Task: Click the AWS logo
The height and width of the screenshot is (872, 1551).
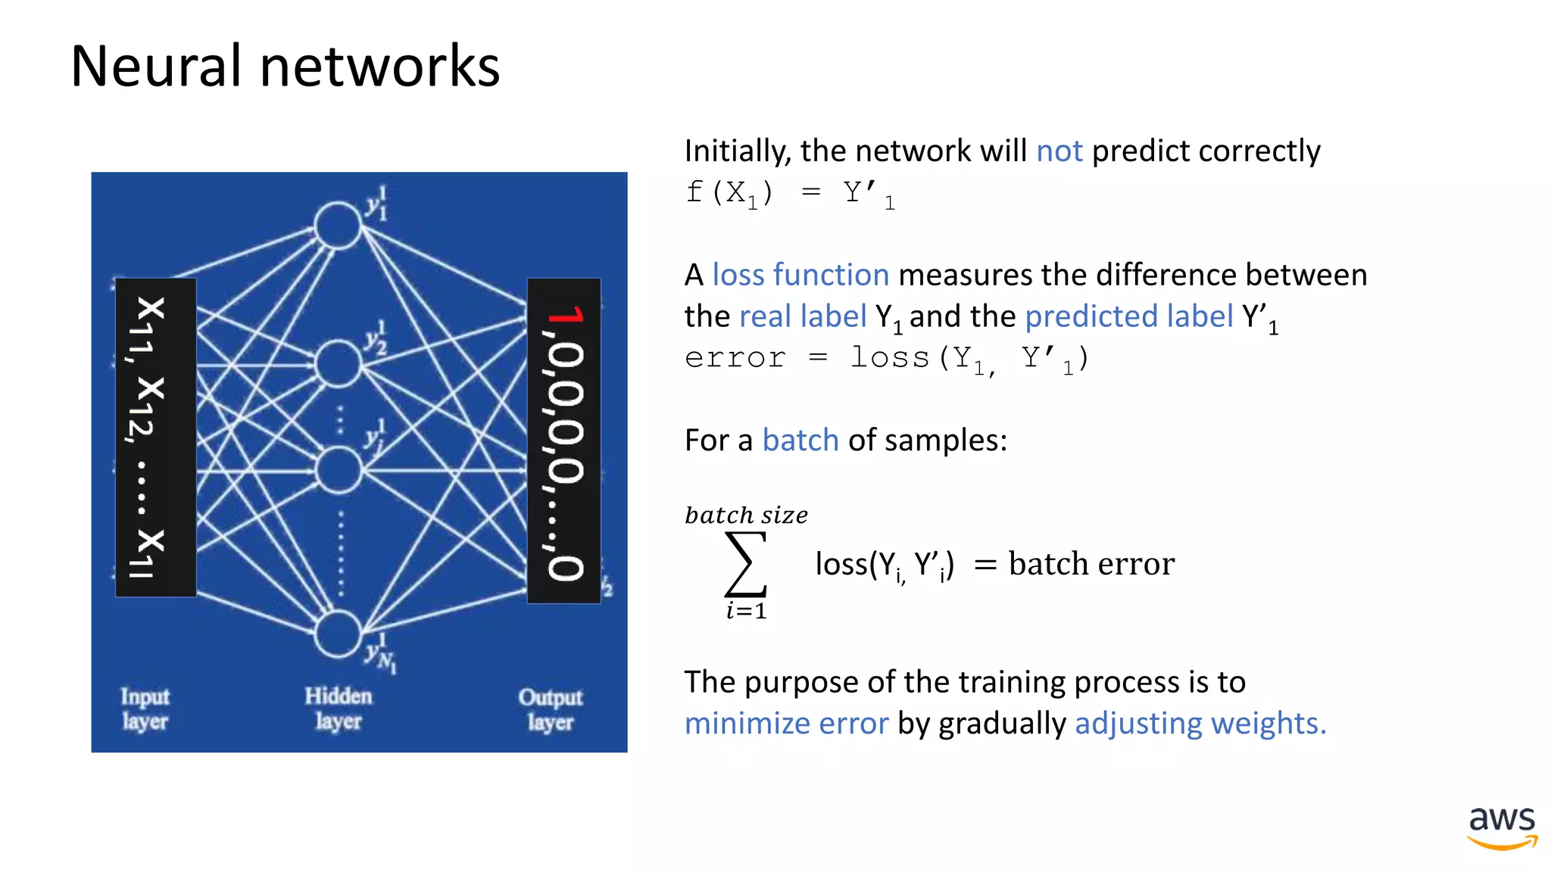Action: pyautogui.click(x=1502, y=827)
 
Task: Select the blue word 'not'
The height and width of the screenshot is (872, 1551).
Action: pyautogui.click(x=1059, y=151)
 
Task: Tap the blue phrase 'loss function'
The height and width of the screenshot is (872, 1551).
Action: pyautogui.click(x=800, y=275)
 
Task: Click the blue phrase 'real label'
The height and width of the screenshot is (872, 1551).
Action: pyautogui.click(x=802, y=316)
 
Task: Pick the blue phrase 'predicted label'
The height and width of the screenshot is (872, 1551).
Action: pyautogui.click(x=1128, y=316)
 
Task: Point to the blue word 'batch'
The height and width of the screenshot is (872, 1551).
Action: pyautogui.click(x=800, y=441)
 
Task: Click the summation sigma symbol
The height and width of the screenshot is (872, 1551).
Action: pyautogui.click(x=746, y=564)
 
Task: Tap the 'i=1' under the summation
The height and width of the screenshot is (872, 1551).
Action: pyautogui.click(x=746, y=611)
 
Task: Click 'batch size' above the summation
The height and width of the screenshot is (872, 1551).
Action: pyautogui.click(x=746, y=515)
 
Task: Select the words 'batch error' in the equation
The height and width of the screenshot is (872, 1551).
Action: pyautogui.click(x=1091, y=564)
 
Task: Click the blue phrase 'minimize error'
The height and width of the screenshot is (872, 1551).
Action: pyautogui.click(x=786, y=724)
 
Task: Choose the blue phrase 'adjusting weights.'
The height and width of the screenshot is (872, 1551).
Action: pyautogui.click(x=1200, y=724)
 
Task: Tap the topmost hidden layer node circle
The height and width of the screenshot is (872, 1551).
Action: pyautogui.click(x=337, y=225)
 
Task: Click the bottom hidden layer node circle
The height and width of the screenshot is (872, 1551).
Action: pyautogui.click(x=337, y=634)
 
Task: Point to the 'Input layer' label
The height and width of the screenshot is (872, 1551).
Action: pyautogui.click(x=145, y=709)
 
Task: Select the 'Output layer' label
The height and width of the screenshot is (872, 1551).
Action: pyautogui.click(x=551, y=709)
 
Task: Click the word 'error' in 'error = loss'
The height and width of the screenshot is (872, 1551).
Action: pyautogui.click(x=735, y=358)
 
